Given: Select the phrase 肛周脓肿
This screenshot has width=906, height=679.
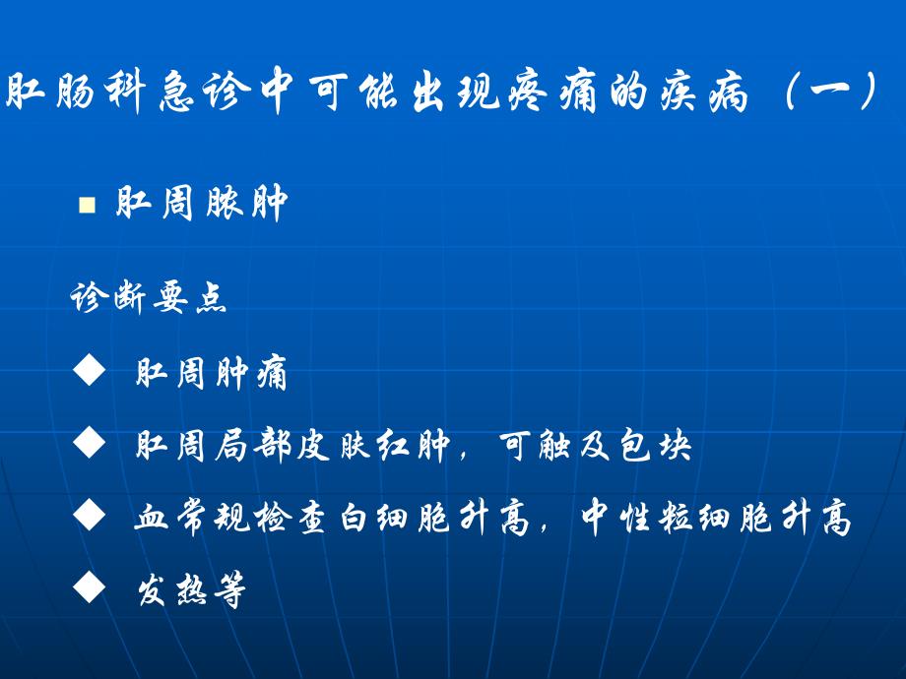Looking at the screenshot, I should click(201, 205).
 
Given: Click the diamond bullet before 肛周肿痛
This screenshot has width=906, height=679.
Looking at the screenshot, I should click(89, 372).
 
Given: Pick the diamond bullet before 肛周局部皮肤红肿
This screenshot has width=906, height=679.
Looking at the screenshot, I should click(89, 445).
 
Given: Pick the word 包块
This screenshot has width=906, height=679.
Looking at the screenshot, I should click(663, 447).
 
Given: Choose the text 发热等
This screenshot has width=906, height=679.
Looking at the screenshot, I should click(191, 591).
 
